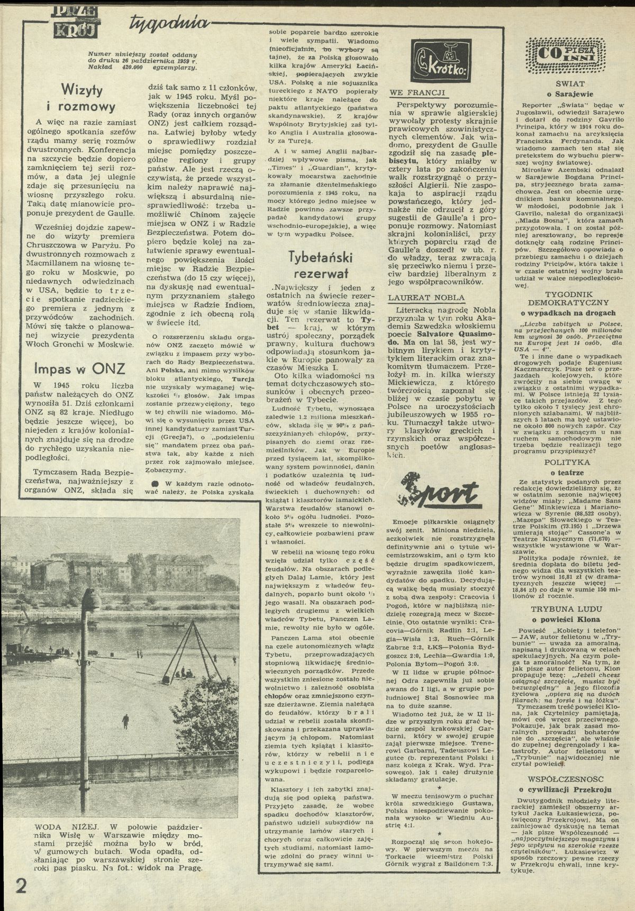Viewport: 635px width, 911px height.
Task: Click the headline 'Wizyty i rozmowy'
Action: (88, 97)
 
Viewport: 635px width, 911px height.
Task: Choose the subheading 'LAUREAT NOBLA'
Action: (426, 298)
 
